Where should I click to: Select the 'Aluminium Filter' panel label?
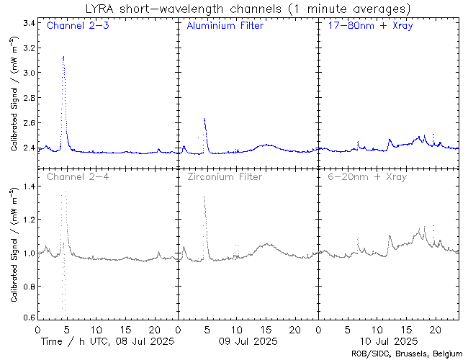(x=225, y=26)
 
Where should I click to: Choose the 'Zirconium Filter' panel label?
(x=224, y=176)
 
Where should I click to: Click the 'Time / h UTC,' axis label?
(x=71, y=340)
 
